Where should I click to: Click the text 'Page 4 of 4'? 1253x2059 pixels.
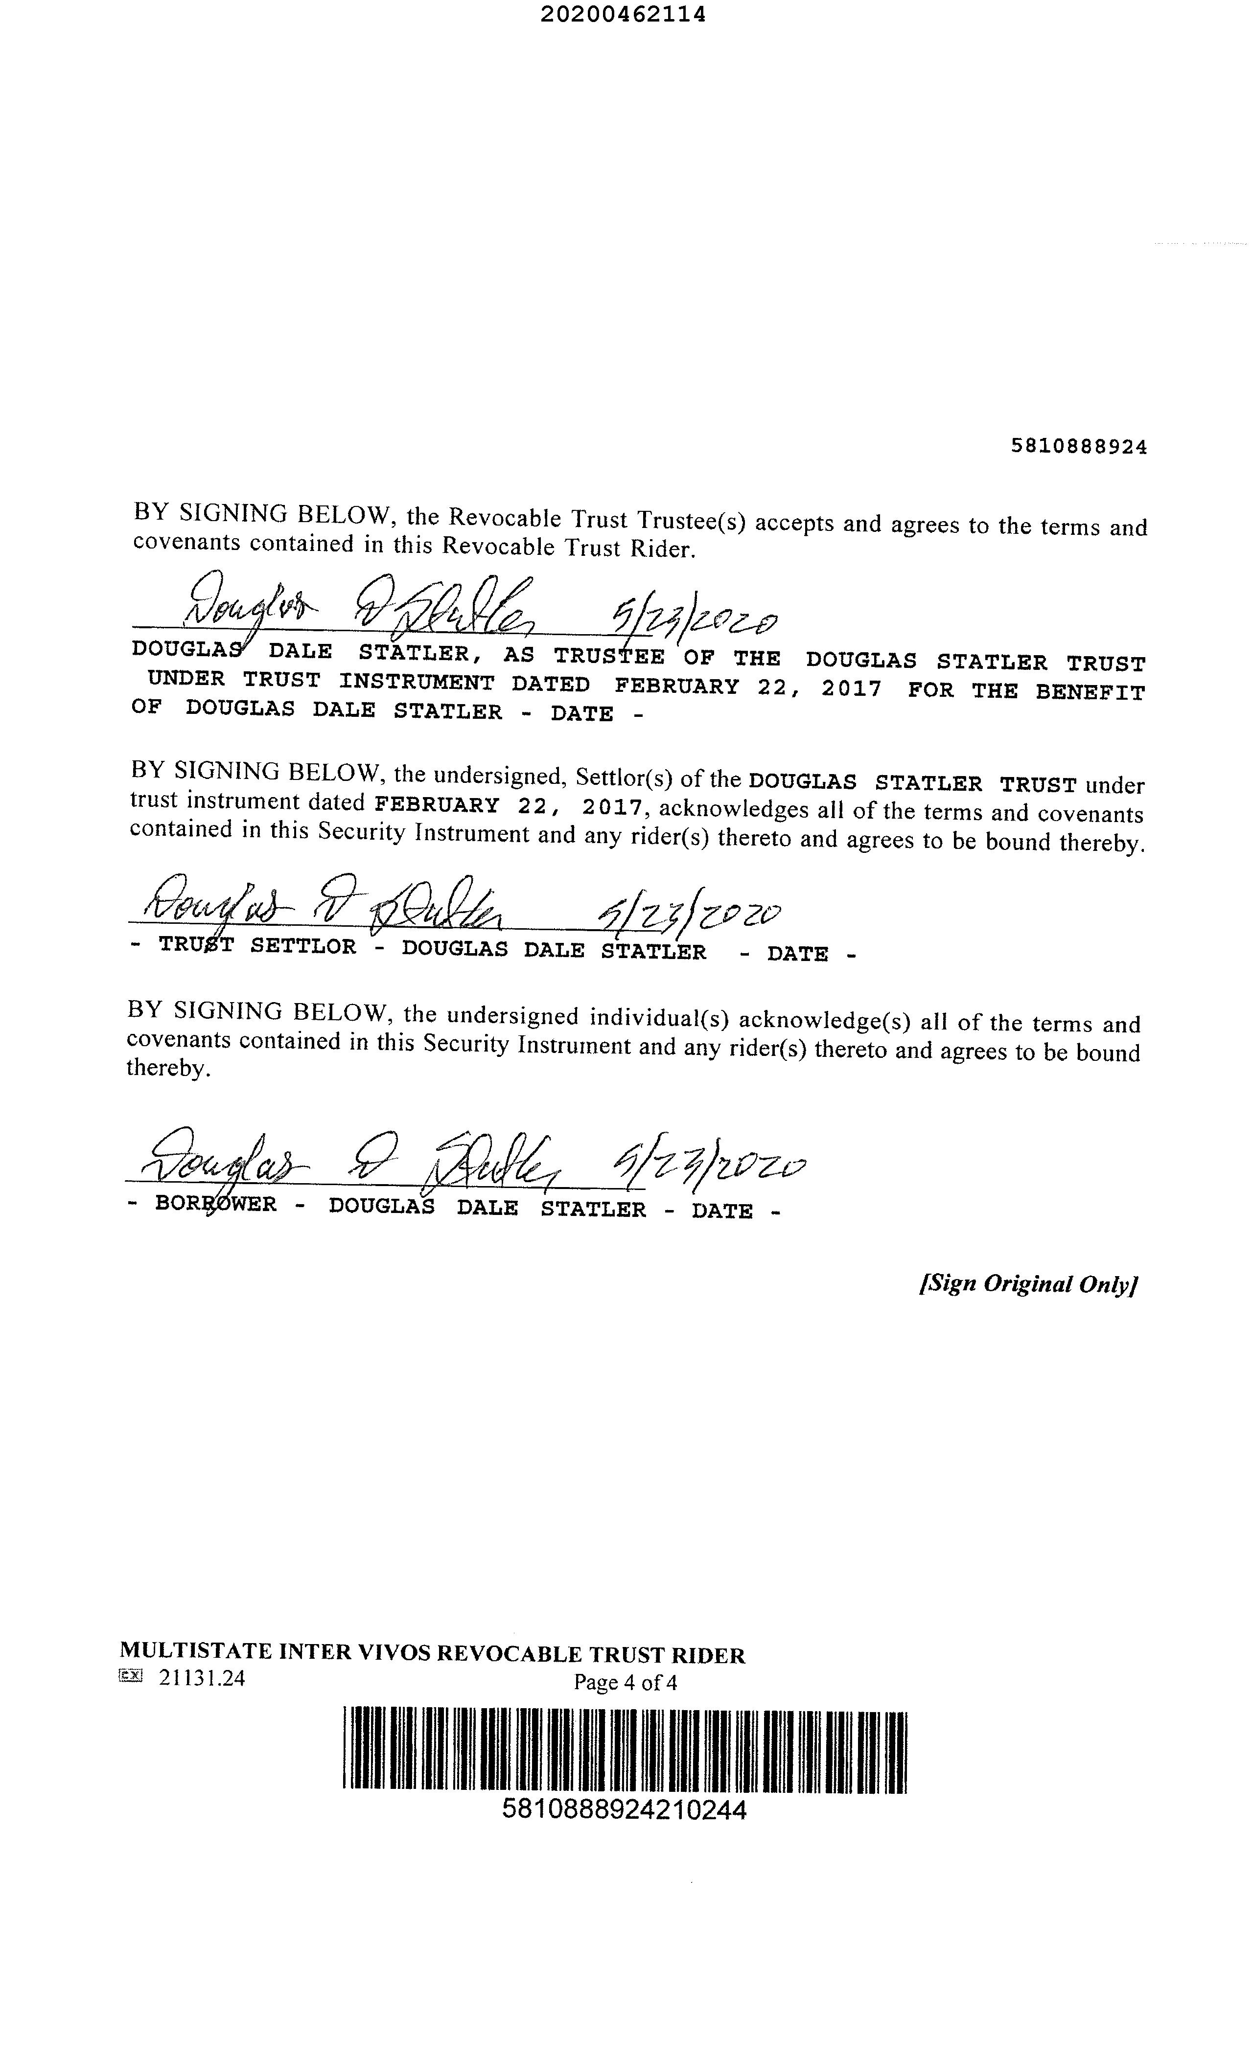625,1682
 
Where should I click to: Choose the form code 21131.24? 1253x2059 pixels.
202,1678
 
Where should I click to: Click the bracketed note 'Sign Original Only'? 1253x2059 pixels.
1029,1283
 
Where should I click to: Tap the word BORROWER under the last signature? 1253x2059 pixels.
216,1206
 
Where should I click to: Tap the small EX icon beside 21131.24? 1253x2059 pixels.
131,1675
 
